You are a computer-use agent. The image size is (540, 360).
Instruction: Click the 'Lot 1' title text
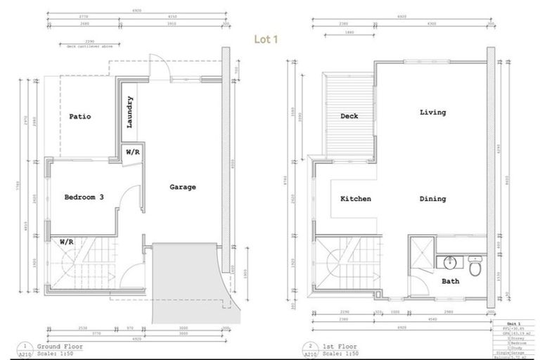pyautogui.click(x=266, y=39)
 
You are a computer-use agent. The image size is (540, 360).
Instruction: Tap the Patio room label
pyautogui.click(x=79, y=117)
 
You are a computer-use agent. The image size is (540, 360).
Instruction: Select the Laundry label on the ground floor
pyautogui.click(x=130, y=112)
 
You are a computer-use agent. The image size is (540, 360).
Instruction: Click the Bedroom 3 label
pyautogui.click(x=84, y=198)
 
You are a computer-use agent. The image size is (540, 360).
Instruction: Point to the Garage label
pyautogui.click(x=183, y=187)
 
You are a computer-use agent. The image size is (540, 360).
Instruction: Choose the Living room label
pyautogui.click(x=432, y=112)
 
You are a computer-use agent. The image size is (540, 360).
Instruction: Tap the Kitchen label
pyautogui.click(x=356, y=199)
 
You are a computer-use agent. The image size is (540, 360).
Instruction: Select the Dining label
pyautogui.click(x=432, y=199)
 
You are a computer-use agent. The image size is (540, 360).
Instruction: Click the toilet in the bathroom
pyautogui.click(x=475, y=266)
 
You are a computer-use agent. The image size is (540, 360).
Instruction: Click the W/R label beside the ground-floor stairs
pyautogui.click(x=67, y=241)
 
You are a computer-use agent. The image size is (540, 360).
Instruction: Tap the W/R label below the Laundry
pyautogui.click(x=132, y=153)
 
